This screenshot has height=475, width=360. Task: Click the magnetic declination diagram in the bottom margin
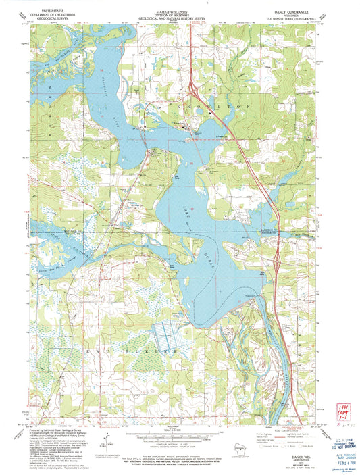tap(107, 443)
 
